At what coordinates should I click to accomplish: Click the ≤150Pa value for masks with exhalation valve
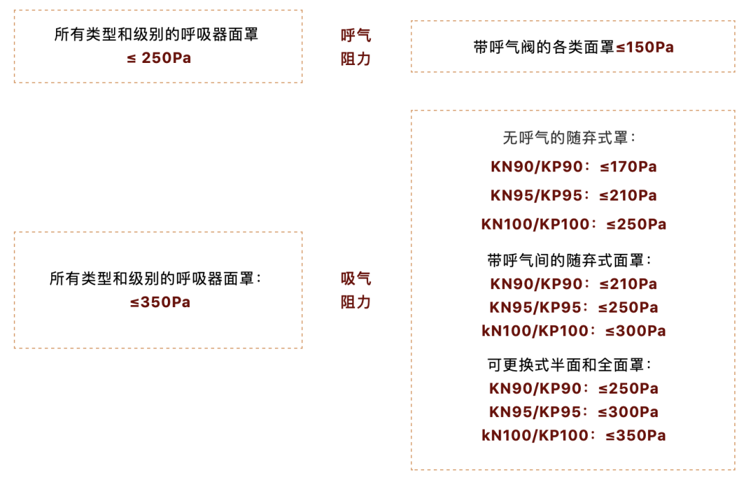tap(644, 47)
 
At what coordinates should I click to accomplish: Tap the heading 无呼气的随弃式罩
tap(569, 138)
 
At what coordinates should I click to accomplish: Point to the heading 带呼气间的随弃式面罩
tap(569, 261)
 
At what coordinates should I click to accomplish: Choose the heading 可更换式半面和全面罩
tap(569, 365)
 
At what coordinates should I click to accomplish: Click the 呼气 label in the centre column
tap(356, 36)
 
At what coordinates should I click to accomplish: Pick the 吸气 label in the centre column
tap(356, 279)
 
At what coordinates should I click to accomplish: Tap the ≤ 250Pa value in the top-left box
tap(159, 58)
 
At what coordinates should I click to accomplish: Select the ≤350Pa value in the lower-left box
tap(160, 302)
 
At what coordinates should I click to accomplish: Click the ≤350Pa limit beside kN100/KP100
tap(635, 435)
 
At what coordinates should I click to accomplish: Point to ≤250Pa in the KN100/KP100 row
tap(636, 224)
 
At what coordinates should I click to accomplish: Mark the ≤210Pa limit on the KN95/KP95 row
tap(627, 196)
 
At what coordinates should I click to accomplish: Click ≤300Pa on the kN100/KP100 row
tap(635, 331)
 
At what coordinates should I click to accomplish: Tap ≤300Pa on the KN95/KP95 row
tap(627, 412)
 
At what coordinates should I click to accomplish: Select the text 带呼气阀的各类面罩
tap(543, 47)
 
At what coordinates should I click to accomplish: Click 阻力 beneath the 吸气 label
tap(356, 302)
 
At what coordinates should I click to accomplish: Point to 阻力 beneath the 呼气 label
tap(356, 59)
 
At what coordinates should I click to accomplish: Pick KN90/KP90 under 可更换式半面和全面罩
tap(533, 388)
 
